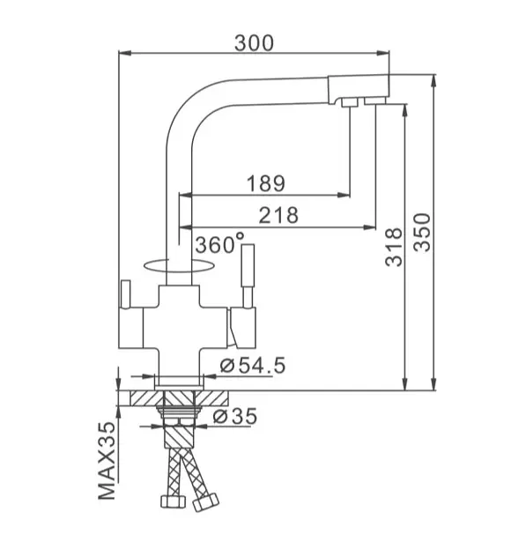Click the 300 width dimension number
tap(254, 43)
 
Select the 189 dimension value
tap(266, 183)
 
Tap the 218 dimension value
tap(278, 215)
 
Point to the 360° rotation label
tap(219, 244)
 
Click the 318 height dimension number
tap(394, 247)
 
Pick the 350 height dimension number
tap(422, 233)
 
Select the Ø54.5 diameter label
tap(253, 366)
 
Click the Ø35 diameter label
tap(235, 416)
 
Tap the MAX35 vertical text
tap(107, 461)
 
